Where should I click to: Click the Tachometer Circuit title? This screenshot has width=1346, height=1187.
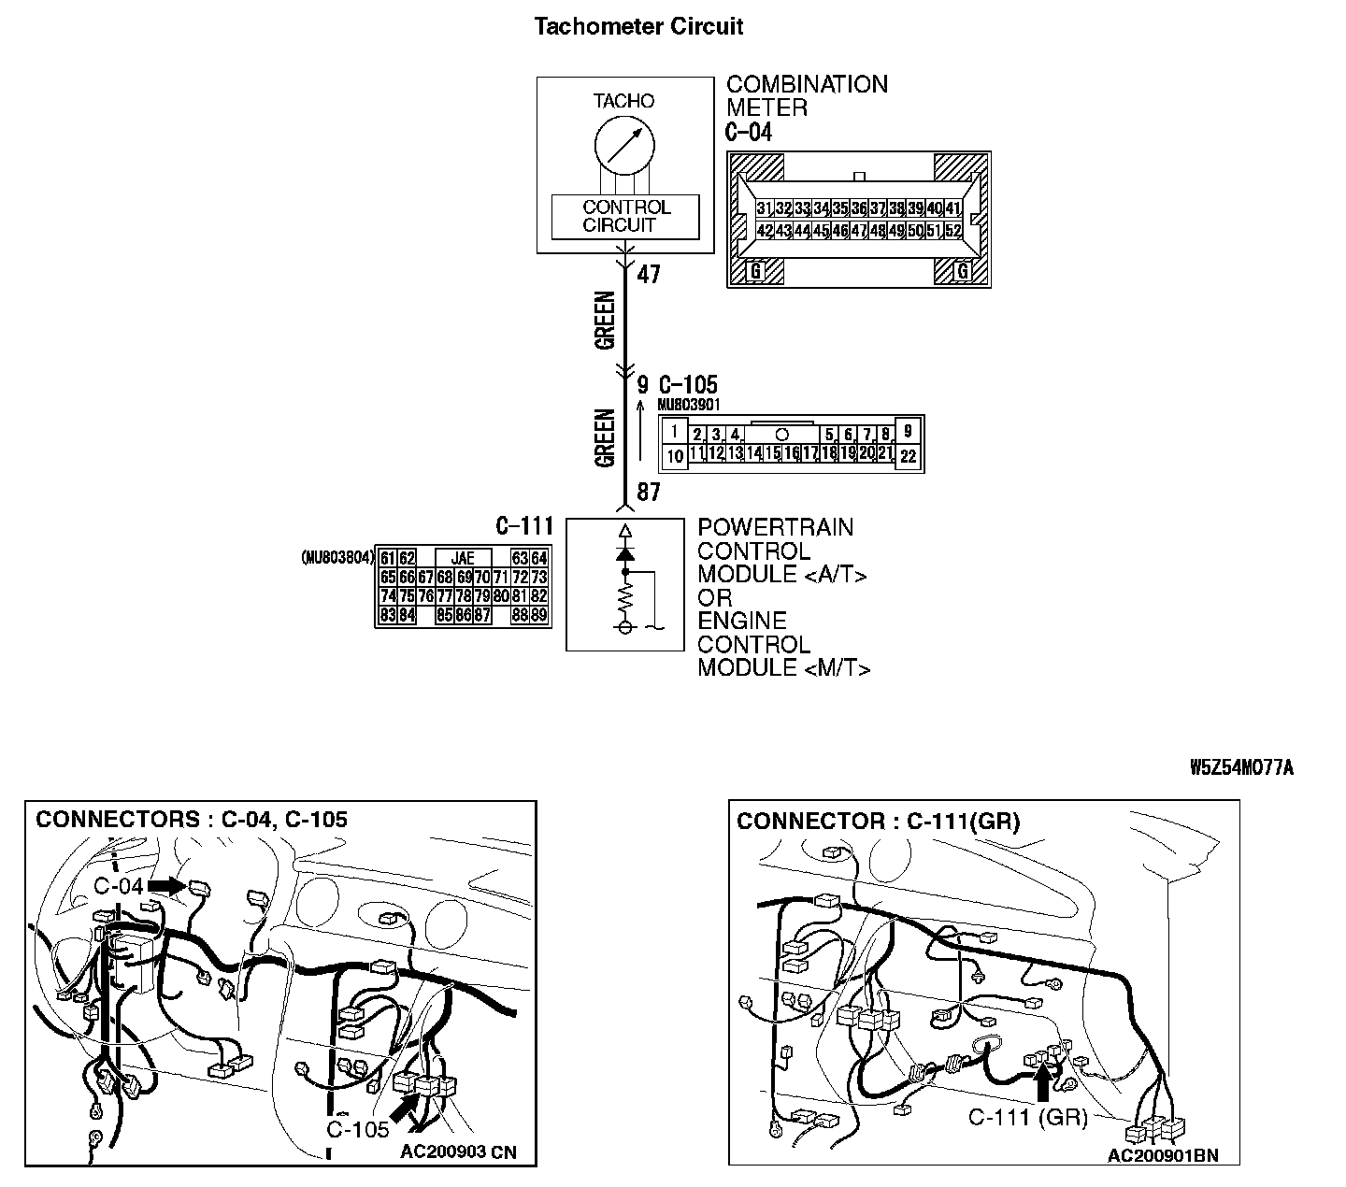click(638, 26)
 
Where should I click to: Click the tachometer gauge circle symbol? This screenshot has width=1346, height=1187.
click(623, 146)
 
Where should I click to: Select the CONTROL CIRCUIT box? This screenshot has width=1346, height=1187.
click(624, 217)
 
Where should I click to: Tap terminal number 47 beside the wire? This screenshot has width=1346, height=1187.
click(649, 275)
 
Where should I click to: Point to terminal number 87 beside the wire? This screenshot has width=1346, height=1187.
click(648, 493)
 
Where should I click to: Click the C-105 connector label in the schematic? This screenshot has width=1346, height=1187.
click(688, 385)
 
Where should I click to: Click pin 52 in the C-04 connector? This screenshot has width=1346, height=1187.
click(953, 230)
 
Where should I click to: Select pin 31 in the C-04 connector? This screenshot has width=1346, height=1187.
click(765, 208)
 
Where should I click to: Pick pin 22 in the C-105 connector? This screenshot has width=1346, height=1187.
click(909, 457)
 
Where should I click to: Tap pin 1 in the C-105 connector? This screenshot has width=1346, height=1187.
click(675, 433)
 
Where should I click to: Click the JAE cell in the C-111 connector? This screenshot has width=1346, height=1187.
click(463, 559)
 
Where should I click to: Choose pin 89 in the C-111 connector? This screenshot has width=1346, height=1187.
click(538, 615)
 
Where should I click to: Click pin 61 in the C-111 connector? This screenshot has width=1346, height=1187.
click(388, 559)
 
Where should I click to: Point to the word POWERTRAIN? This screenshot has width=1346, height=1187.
click(775, 528)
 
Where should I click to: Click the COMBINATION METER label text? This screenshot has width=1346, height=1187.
click(807, 96)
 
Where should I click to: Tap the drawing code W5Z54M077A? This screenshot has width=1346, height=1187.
click(1241, 768)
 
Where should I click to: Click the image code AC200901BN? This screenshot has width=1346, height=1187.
click(1163, 1155)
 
